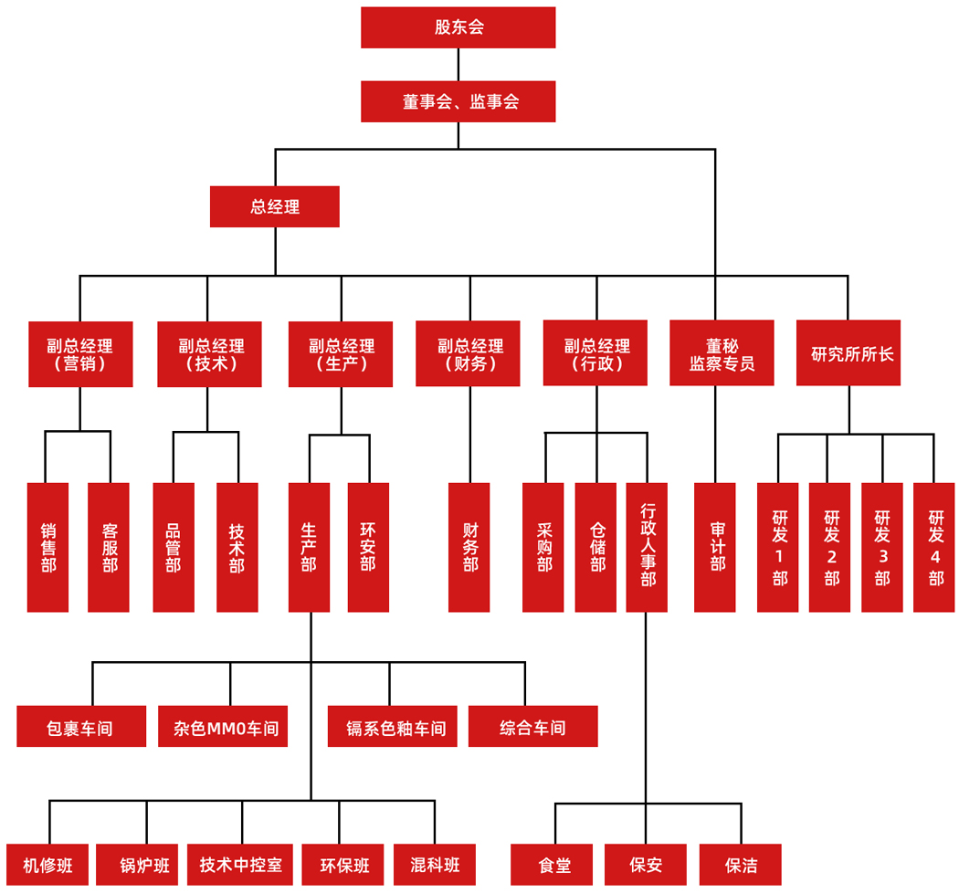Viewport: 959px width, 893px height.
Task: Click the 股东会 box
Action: point(458,27)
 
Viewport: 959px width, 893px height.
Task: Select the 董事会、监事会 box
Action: point(458,101)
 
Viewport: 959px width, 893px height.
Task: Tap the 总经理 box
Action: point(275,207)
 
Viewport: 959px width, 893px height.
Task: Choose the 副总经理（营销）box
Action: point(80,353)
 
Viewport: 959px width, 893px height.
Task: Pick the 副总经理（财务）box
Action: point(468,353)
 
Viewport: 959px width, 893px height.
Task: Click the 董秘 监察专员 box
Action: point(722,353)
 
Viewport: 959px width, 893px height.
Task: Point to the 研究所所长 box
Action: point(848,353)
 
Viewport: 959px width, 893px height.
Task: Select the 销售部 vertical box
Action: point(47,547)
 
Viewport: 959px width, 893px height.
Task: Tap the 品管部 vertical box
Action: point(174,547)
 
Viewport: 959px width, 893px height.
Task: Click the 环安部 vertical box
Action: point(368,547)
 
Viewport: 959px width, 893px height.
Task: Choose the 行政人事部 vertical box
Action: point(647,547)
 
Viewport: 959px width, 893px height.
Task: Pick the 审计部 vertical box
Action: point(715,547)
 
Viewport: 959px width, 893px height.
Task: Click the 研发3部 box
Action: point(882,547)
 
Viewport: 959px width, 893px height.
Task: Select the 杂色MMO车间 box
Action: point(223,727)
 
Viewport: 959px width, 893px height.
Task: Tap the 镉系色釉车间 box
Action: point(392,727)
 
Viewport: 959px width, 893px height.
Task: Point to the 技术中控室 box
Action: point(241,865)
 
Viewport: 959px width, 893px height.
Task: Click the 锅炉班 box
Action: point(144,865)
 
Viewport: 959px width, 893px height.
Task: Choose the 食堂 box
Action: point(554,865)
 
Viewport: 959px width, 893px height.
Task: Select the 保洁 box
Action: point(741,865)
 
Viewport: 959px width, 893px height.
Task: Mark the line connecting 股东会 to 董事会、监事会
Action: point(458,65)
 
